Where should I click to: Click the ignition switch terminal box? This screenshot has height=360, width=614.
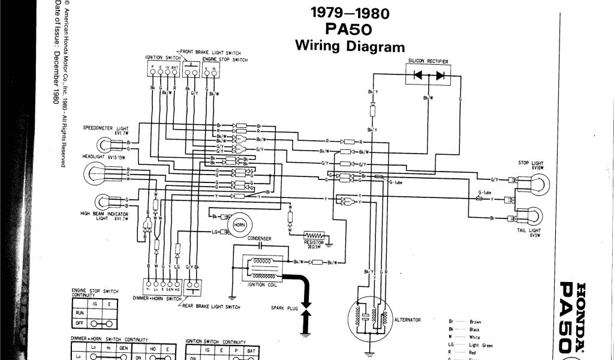pyautogui.click(x=164, y=70)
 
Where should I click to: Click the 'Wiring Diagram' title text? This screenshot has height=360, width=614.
pyautogui.click(x=350, y=46)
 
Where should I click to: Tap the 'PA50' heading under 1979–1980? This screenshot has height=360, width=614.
pyautogui.click(x=350, y=29)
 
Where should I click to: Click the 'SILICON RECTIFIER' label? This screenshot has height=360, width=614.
pyautogui.click(x=429, y=61)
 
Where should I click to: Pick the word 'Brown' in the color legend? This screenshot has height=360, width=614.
pyautogui.click(x=475, y=322)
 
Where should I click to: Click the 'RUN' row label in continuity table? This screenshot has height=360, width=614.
pyautogui.click(x=79, y=313)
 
